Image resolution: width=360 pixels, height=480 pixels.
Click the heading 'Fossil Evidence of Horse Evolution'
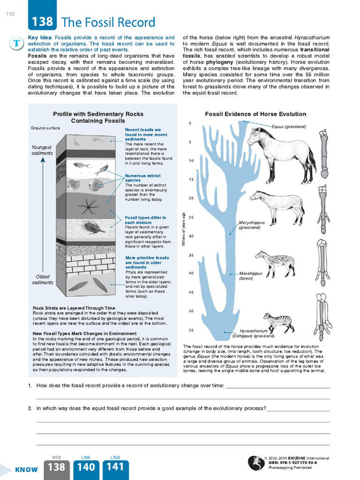tap(255, 114)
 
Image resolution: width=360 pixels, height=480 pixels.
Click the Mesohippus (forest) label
tap(251, 276)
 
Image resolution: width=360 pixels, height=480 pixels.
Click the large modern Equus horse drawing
tap(280, 155)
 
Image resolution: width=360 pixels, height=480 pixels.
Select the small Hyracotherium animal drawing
tap(279, 322)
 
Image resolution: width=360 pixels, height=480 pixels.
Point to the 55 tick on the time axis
tap(191, 330)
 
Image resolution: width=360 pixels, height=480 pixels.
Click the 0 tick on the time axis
tap(190, 123)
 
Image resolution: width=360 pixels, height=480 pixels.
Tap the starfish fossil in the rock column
tap(88, 206)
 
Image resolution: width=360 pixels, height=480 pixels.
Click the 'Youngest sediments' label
tap(42, 150)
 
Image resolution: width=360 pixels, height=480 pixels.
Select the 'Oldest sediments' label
tap(43, 279)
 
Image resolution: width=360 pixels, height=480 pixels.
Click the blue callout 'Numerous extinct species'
tap(139, 178)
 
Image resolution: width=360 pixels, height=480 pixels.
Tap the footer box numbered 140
tap(86, 467)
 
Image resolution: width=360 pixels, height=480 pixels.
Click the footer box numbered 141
tap(115, 467)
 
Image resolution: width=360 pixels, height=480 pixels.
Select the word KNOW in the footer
tap(26, 470)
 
